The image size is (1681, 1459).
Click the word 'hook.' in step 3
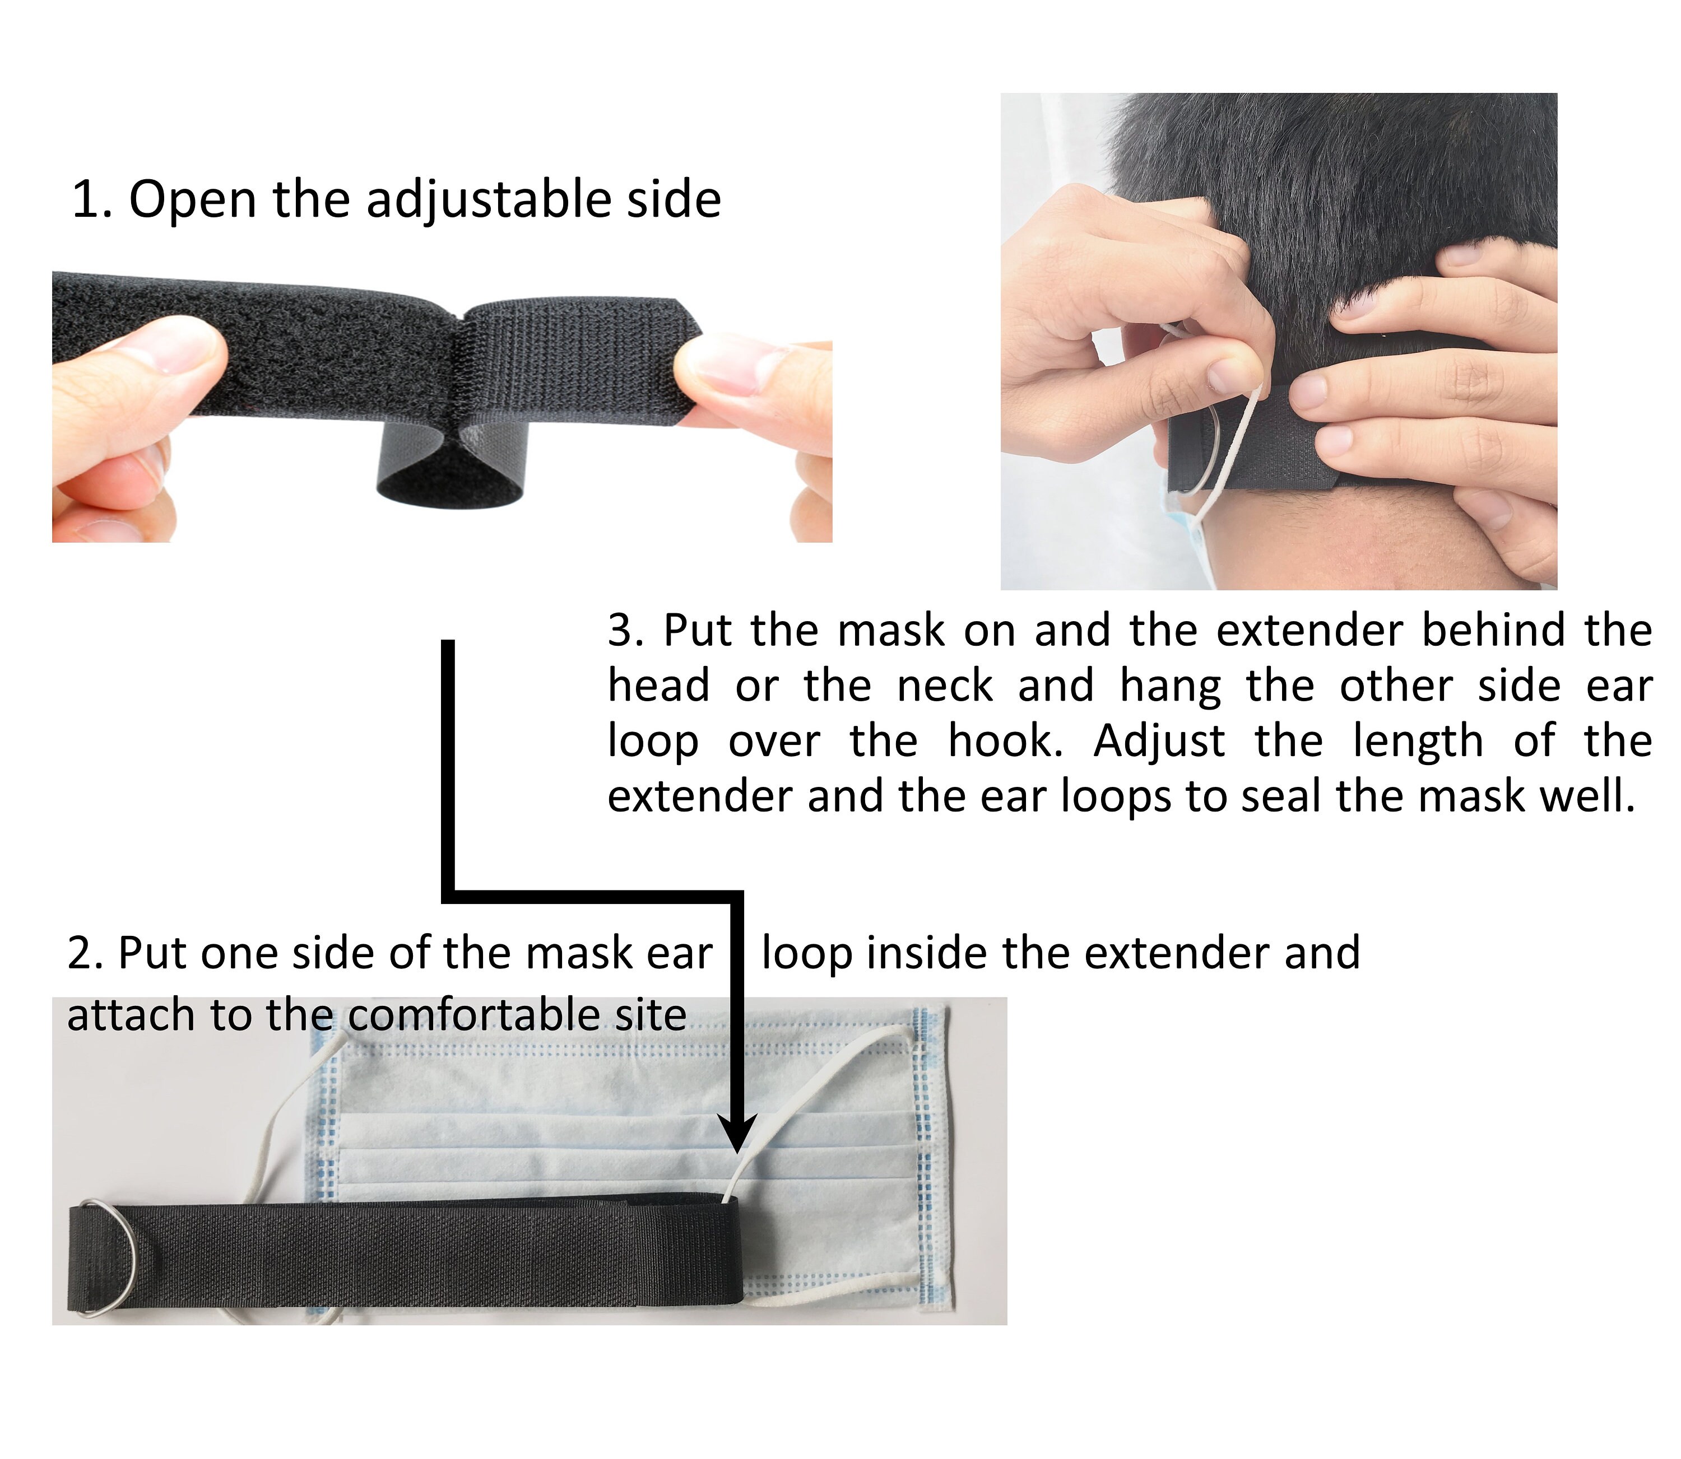click(1005, 742)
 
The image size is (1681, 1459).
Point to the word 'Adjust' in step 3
click(1159, 742)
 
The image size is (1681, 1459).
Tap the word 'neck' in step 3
click(944, 686)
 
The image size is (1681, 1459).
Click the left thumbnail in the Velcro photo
click(189, 346)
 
